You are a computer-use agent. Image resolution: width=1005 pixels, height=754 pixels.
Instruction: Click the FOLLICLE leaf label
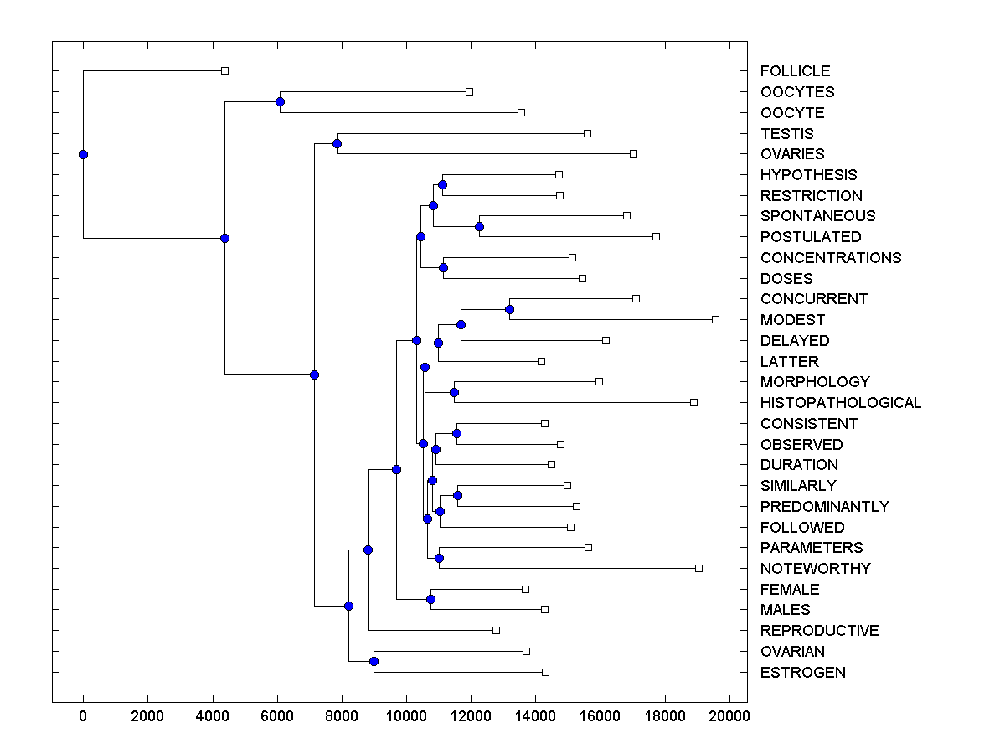click(795, 71)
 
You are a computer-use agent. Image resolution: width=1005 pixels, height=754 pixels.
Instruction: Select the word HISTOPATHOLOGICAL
click(840, 403)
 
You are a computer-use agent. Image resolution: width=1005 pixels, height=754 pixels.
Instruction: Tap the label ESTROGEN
click(802, 673)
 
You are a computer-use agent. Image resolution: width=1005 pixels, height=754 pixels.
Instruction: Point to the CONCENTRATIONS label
click(830, 258)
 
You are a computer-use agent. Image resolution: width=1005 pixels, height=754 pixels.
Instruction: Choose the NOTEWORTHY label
click(815, 569)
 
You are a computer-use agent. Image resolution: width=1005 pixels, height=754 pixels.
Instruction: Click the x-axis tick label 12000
click(471, 715)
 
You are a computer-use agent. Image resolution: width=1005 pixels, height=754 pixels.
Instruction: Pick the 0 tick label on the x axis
click(83, 715)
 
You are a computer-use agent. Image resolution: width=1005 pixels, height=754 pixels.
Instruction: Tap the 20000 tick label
click(729, 715)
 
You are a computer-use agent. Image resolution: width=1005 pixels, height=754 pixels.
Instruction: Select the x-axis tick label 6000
click(277, 715)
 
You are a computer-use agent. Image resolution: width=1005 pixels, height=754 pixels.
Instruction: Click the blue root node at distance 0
click(83, 154)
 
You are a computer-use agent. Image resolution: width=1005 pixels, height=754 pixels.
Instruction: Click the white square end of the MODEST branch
click(715, 319)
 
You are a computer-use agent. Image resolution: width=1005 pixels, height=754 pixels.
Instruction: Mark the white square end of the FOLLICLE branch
click(224, 70)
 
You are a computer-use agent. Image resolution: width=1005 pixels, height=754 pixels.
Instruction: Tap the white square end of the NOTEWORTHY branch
click(698, 568)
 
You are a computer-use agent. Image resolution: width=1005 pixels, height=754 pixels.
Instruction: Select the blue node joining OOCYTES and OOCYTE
click(280, 101)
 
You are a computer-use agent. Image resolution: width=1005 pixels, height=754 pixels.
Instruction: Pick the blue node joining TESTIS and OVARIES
click(337, 143)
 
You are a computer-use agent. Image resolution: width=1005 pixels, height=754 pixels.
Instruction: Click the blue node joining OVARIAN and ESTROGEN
click(374, 662)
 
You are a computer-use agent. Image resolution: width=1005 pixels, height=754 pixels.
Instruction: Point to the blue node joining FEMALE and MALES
click(430, 599)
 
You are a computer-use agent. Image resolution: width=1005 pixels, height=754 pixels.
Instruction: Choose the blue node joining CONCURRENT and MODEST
click(509, 309)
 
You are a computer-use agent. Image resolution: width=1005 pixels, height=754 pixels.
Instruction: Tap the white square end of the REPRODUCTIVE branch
click(496, 630)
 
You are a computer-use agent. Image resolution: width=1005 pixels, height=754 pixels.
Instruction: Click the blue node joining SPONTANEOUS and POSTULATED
click(479, 226)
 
